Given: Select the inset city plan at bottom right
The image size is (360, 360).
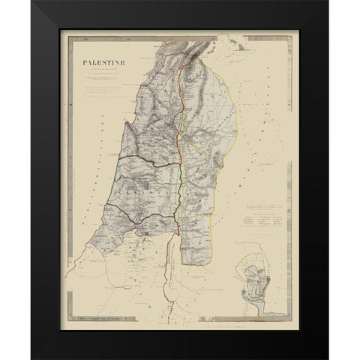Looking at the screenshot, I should tap(257, 277).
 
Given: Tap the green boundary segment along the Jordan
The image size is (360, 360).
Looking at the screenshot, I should tap(184, 180).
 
